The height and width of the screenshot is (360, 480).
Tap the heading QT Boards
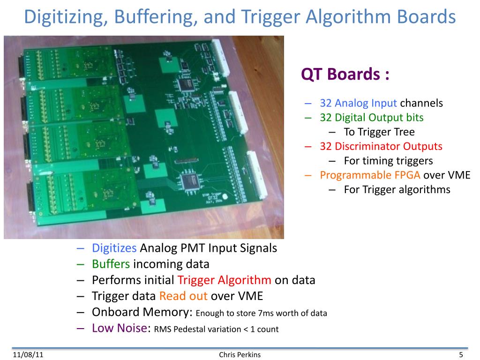pos(345,75)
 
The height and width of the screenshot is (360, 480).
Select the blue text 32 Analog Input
pos(359,103)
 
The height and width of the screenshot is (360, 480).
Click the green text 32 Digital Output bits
pos(372,117)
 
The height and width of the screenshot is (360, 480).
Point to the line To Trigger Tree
pos(379,132)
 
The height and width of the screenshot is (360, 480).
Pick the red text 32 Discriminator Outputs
pos(381,146)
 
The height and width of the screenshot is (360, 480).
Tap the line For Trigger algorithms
pos(397,190)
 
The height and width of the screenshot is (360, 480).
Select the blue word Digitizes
pos(114,248)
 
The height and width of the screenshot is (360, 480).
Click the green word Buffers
pos(111,264)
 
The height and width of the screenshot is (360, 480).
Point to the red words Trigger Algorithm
pos(225,280)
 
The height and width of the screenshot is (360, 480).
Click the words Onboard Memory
pos(141,312)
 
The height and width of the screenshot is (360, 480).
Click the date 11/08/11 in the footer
pos(24,354)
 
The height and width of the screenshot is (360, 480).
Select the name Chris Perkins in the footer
pos(240,354)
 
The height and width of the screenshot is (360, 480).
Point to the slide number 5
pos(461,354)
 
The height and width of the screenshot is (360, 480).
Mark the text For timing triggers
pos(388,161)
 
